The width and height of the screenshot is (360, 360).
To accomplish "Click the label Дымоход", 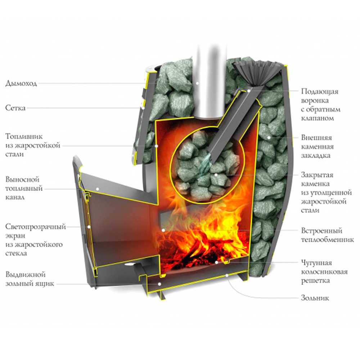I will click(21, 84).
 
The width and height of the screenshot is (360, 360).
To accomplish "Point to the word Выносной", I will click(22, 179).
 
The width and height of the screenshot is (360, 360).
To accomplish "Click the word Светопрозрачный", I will click(35, 227).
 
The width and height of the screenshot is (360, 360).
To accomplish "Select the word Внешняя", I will click(316, 138).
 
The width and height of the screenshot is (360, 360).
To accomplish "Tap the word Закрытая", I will click(317, 175).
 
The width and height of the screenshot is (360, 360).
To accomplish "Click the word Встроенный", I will click(321, 230).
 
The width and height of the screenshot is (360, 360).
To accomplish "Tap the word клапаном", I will click(316, 118).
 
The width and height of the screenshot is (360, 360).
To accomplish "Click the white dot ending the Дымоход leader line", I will click(197, 83).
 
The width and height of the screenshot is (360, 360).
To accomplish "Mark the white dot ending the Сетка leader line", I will click(143, 108).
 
